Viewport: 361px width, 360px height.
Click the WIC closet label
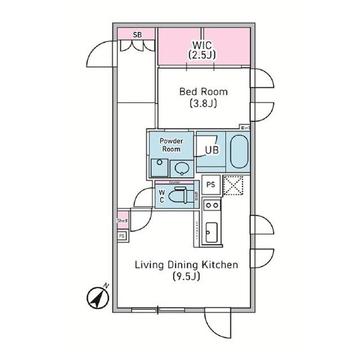point(204,44)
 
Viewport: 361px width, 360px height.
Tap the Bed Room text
point(204,91)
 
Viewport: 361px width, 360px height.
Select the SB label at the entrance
point(137,34)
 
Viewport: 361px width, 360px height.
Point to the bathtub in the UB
point(239,150)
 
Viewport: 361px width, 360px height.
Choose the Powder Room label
point(171,145)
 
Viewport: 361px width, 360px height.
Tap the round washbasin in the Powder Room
point(181,167)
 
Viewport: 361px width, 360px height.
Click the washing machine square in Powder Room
point(159,167)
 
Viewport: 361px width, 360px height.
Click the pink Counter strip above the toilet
point(175,183)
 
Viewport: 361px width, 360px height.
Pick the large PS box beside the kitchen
point(211,185)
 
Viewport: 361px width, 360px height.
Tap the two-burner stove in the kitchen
point(211,205)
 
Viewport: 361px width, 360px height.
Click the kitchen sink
point(211,232)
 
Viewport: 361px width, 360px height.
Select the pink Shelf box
point(122,221)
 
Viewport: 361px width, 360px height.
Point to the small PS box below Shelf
point(122,236)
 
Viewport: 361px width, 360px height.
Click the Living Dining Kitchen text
point(186,264)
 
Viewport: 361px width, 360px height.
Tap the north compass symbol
point(98,297)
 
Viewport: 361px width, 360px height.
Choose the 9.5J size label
point(186,277)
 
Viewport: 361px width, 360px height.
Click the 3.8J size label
point(204,104)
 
